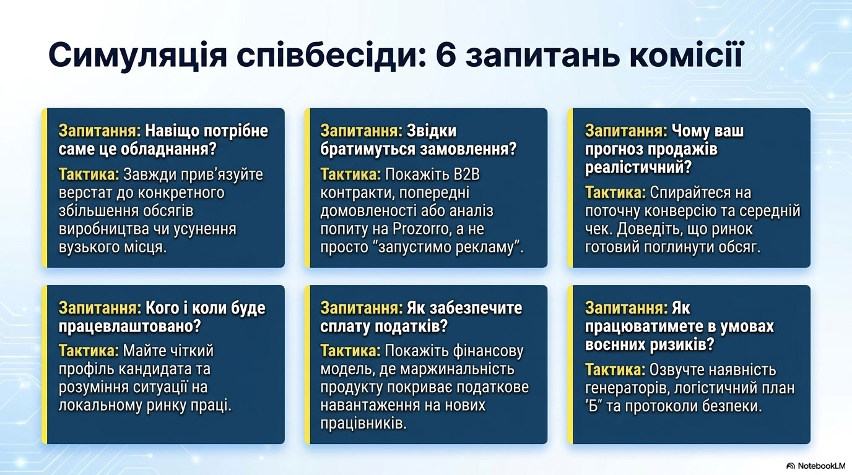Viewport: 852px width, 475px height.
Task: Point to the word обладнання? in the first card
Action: tap(168, 149)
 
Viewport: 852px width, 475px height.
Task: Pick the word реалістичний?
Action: tap(638, 168)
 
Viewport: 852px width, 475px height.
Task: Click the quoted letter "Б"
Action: tap(594, 406)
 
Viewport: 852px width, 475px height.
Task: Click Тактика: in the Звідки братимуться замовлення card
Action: tap(350, 174)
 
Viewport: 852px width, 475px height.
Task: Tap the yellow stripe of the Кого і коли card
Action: tap(45, 364)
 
